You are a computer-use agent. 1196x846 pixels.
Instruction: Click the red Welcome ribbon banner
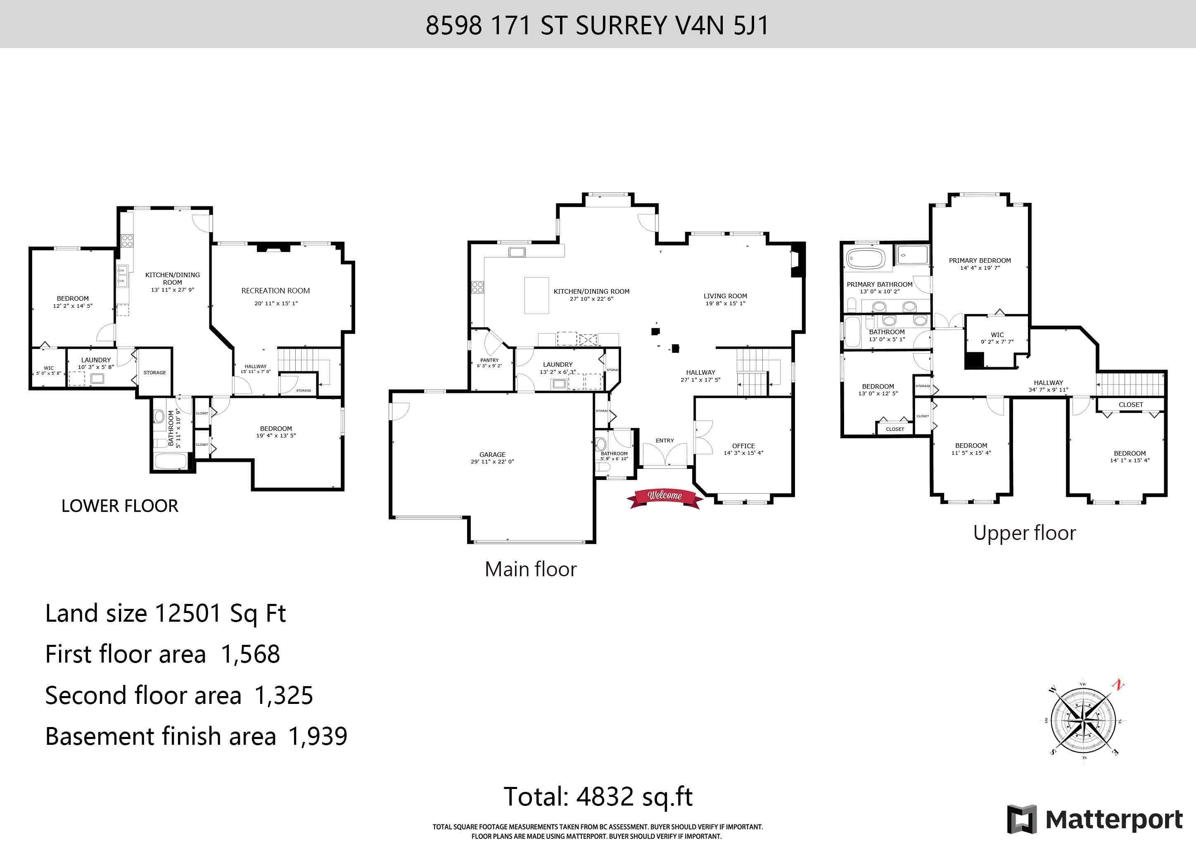[x=664, y=498]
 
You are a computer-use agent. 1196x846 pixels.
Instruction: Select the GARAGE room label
[x=492, y=454]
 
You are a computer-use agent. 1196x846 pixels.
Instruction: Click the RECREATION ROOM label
[x=275, y=291]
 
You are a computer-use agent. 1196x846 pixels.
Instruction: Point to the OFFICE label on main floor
[x=743, y=446]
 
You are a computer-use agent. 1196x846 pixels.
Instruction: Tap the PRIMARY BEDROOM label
[x=980, y=261]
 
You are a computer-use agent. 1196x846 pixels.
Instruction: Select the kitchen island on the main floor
[x=536, y=295]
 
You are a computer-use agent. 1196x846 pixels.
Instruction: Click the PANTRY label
[x=489, y=360]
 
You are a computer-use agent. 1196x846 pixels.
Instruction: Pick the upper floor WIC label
[x=997, y=335]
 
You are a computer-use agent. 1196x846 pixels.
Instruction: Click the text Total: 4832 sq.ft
[x=598, y=796]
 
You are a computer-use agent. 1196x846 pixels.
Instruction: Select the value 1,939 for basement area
[x=317, y=736]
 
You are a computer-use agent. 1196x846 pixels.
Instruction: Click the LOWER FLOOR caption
[x=120, y=506]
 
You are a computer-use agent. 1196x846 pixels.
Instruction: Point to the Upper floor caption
[x=1024, y=533]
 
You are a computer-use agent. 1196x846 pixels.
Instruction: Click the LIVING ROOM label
[x=725, y=296]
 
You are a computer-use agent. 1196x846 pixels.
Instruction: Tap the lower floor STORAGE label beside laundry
[x=155, y=373]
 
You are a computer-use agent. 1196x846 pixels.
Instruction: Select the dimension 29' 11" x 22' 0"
[x=492, y=461]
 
